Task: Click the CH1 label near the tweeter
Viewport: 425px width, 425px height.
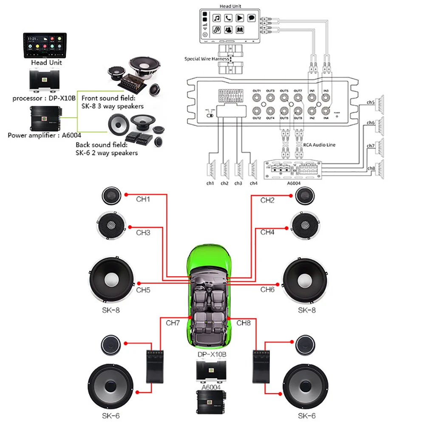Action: [143, 199]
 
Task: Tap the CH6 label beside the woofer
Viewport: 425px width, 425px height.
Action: [268, 289]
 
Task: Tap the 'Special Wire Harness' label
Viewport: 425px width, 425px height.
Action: [206, 59]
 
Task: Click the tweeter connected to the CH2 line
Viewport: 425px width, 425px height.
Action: [305, 195]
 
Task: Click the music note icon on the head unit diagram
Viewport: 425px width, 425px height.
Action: [217, 18]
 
